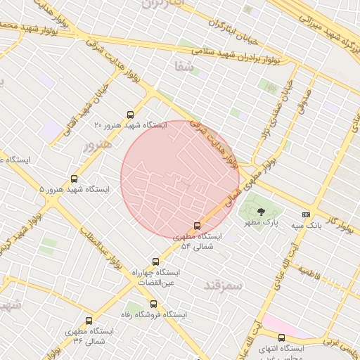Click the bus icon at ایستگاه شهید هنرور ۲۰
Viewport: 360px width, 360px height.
coord(130,115)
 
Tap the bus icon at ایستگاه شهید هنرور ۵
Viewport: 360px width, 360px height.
coord(75,179)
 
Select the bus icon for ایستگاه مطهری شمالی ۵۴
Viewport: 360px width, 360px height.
coord(196,226)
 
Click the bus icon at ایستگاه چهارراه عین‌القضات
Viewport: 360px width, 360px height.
coord(155,262)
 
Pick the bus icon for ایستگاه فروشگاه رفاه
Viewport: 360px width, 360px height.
coord(153,304)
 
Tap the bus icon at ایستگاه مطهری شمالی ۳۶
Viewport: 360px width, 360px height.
coord(88,321)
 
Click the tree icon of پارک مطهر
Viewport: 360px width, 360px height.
coord(261,211)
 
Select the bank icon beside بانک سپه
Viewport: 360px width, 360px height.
coord(306,214)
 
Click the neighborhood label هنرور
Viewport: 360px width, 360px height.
coord(98,146)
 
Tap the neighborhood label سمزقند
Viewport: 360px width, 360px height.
coord(222,285)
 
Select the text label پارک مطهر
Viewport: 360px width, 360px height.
coord(266,222)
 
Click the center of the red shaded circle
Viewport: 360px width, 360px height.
coord(180,179)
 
